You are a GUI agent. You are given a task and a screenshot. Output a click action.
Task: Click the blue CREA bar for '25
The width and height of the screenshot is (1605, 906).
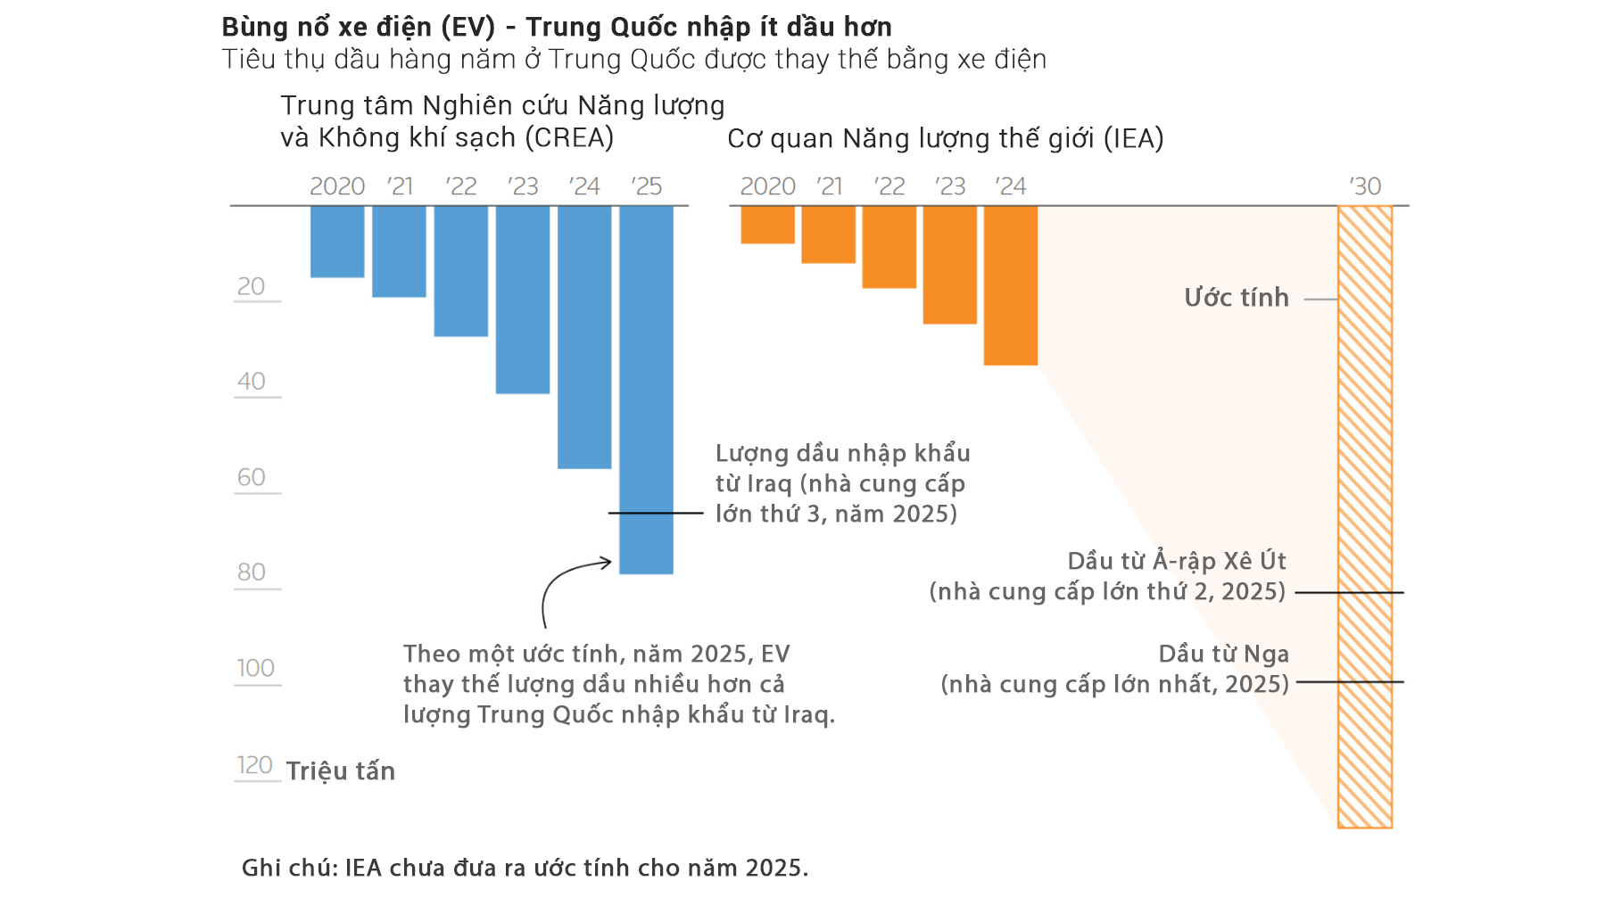pyautogui.click(x=646, y=390)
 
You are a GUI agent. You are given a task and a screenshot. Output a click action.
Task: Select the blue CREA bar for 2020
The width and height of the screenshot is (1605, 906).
pyautogui.click(x=337, y=241)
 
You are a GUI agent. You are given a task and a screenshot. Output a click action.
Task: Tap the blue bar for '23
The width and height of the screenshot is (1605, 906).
pyautogui.click(x=523, y=299)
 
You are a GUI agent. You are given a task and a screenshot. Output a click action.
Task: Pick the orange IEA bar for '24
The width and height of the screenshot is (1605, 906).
pyautogui.click(x=1010, y=285)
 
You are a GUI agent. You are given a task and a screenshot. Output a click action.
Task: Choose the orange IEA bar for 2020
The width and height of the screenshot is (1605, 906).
pyautogui.click(x=767, y=225)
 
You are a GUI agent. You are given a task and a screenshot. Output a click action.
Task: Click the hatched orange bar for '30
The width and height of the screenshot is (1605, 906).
pyautogui.click(x=1364, y=517)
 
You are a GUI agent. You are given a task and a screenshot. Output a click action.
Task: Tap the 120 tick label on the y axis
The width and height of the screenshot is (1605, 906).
pyautogui.click(x=254, y=765)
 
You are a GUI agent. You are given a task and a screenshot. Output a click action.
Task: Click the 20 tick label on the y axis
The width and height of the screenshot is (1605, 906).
pyautogui.click(x=252, y=286)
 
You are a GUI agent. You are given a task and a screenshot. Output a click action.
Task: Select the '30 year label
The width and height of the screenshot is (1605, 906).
pyautogui.click(x=1365, y=186)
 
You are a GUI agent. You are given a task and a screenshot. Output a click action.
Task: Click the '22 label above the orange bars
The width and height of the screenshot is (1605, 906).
pyautogui.click(x=889, y=186)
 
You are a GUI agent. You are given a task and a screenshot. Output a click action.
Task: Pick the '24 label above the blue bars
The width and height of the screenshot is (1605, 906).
pyautogui.click(x=584, y=186)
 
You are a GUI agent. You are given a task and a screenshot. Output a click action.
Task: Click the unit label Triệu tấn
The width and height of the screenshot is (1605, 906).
pyautogui.click(x=341, y=771)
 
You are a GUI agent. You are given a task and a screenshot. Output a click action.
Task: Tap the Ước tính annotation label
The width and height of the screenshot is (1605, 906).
pyautogui.click(x=1237, y=298)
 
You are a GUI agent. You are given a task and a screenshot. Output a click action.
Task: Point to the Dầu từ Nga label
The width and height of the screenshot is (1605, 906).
pyautogui.click(x=1223, y=655)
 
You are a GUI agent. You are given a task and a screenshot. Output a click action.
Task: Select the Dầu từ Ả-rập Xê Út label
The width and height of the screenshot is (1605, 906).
pyautogui.click(x=1177, y=562)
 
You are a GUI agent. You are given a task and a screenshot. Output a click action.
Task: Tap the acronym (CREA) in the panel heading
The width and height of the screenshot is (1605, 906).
pyautogui.click(x=569, y=138)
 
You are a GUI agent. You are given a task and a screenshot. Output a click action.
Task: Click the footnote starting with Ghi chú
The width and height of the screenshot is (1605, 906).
pyautogui.click(x=525, y=868)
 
